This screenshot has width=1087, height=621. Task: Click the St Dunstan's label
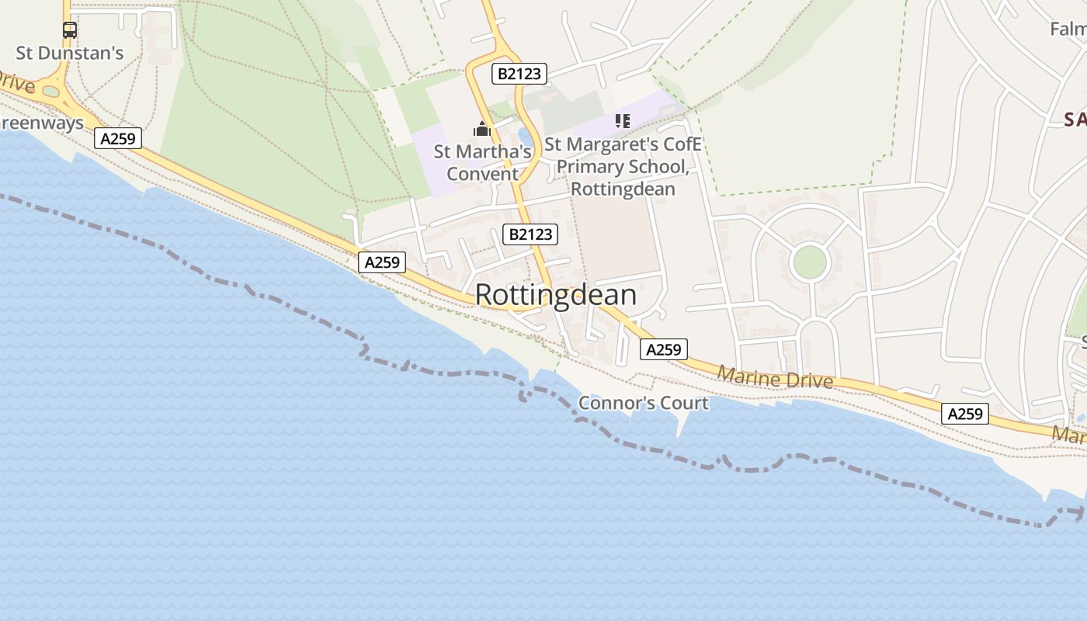point(70,53)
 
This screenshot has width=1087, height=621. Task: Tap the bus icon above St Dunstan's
point(70,30)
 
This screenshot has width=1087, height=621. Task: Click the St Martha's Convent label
point(482,162)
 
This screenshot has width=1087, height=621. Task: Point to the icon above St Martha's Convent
point(482,129)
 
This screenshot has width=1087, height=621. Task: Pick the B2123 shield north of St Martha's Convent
point(519,74)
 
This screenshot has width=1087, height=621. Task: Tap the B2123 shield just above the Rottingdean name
point(530,234)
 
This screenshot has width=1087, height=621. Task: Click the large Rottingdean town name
point(555,295)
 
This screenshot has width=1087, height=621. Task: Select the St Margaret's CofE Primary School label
point(623,166)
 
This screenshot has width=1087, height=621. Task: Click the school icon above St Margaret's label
point(622,121)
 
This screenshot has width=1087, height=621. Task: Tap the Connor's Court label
point(644,403)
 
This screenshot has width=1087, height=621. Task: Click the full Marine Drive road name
point(775,378)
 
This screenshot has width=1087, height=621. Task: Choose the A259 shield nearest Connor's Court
point(664,349)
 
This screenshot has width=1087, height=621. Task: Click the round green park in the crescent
point(810,262)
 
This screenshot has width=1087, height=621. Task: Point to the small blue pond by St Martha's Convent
point(526,137)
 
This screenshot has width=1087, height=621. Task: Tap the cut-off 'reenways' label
point(42,123)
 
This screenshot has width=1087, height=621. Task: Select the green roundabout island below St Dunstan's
point(51,92)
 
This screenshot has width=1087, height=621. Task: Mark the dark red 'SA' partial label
point(1075,119)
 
